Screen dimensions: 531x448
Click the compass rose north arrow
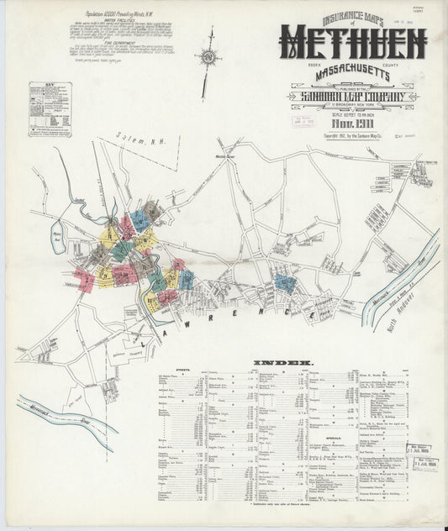pos(208,59)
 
